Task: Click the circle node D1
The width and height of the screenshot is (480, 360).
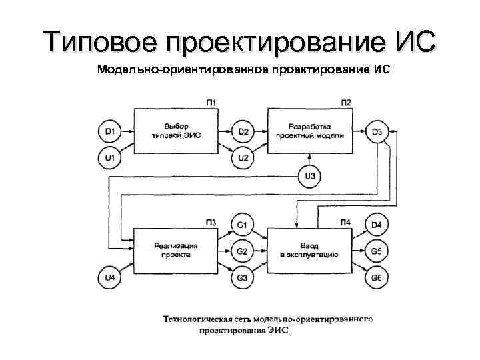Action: tap(109, 131)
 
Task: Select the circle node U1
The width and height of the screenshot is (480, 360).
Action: tap(109, 158)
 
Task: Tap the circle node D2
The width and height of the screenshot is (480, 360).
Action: tap(243, 131)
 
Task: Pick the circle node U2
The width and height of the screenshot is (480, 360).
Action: tap(243, 158)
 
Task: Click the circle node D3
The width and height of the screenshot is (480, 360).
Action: tap(377, 131)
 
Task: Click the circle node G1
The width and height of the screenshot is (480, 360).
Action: tap(242, 225)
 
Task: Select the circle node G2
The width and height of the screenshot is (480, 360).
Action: tap(242, 251)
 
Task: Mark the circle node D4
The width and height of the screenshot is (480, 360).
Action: tap(377, 225)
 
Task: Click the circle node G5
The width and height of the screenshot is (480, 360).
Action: tap(377, 251)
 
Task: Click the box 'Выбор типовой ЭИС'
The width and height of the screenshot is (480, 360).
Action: tap(176, 131)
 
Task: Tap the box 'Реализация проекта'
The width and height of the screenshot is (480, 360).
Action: tap(176, 251)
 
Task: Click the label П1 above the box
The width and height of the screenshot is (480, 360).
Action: tap(211, 102)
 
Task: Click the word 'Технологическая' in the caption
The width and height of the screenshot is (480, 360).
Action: tap(197, 319)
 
